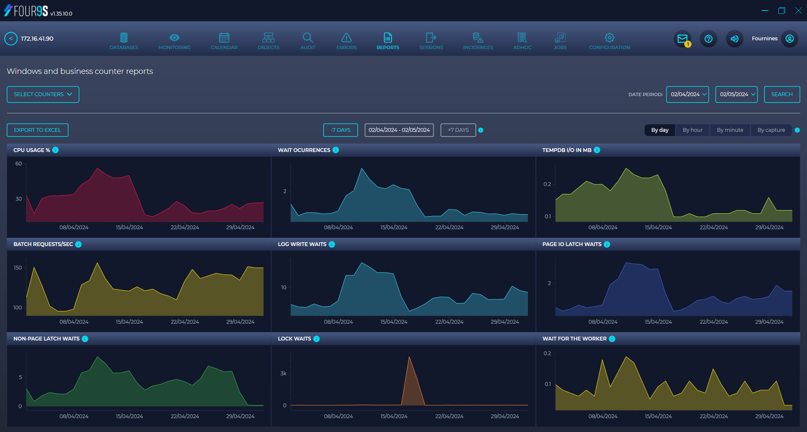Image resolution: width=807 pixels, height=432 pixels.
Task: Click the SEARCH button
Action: coord(781,94)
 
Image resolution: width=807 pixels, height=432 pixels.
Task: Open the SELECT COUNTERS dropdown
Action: coord(43,94)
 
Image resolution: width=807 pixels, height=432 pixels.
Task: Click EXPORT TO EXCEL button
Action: coord(37,130)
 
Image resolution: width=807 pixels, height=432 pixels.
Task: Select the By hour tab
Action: coord(692,130)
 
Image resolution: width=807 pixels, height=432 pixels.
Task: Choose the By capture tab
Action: coord(771,130)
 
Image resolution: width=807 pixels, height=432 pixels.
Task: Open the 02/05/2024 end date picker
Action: coord(736,94)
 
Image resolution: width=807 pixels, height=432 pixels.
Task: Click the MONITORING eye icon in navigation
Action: coord(174,38)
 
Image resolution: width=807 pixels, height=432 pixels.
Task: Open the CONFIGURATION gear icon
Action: coord(609,38)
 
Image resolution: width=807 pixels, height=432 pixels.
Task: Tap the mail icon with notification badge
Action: coord(683,39)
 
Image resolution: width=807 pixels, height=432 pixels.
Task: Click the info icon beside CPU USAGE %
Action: coord(55,150)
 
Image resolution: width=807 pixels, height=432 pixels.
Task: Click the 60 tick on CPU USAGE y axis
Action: coord(18,164)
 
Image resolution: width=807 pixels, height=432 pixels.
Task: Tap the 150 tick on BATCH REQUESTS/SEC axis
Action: coord(18,268)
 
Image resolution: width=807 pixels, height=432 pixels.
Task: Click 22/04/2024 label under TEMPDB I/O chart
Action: coord(714,228)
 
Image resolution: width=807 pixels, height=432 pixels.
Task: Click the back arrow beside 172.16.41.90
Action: coord(11,39)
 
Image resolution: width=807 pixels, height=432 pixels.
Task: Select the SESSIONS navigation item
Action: coord(431,41)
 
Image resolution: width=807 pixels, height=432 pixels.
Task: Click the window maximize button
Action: coord(781,10)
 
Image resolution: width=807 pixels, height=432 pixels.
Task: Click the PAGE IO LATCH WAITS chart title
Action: coord(572,244)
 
